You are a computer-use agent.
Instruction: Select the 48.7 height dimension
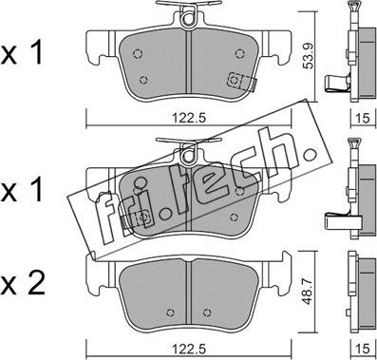(x=306, y=292)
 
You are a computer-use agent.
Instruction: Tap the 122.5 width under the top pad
(x=189, y=118)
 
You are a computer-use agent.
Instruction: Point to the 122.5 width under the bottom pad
(x=189, y=349)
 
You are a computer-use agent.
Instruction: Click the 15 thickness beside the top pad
(x=363, y=118)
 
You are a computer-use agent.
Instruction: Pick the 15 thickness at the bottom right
(x=363, y=349)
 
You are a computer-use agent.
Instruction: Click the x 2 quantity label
(x=23, y=283)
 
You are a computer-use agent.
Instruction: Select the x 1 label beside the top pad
(x=22, y=53)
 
